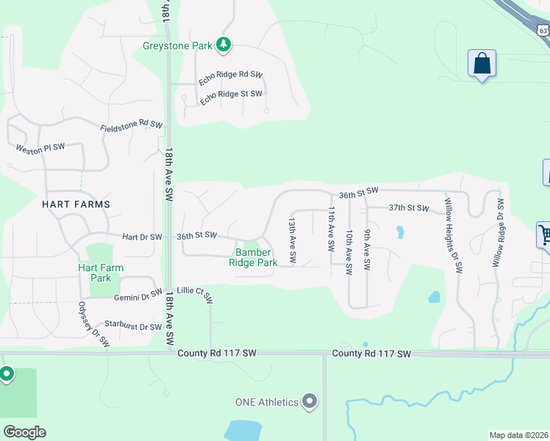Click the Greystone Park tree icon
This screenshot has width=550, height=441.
point(224,46)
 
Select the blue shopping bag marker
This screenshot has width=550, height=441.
point(482,64)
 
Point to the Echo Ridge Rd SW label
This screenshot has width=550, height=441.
point(230,75)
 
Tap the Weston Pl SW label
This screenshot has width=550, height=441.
point(40,147)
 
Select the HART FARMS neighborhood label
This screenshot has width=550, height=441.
point(76,204)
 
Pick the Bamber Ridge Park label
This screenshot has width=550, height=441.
point(253,257)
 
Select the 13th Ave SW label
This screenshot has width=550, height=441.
point(292,240)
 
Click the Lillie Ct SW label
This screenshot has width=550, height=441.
point(195,294)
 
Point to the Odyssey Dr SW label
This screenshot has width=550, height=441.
point(93,324)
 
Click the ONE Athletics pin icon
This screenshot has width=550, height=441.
point(310,401)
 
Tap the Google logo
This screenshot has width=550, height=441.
point(24,432)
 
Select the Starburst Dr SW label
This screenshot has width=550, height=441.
point(133,326)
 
